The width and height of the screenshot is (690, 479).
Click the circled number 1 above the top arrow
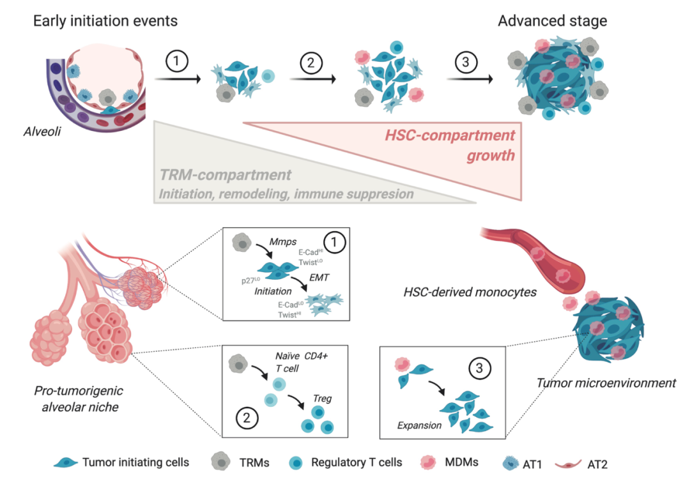(176, 61)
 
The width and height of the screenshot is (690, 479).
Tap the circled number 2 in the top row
(310, 61)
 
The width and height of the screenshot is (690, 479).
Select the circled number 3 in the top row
(466, 61)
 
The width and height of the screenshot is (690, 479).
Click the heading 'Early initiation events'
(105, 22)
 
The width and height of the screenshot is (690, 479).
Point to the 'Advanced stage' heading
(553, 22)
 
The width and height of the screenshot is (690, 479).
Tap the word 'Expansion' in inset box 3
(419, 425)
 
